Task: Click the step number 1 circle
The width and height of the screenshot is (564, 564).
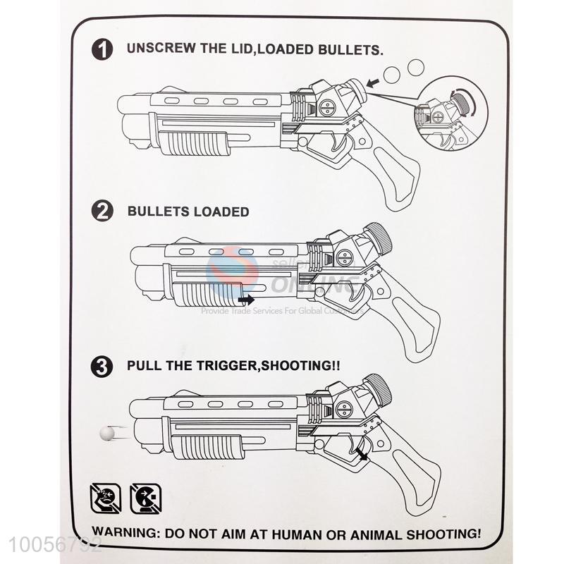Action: tap(104, 51)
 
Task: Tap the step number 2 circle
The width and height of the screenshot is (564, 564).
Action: tap(104, 211)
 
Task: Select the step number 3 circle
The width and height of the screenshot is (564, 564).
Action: tap(104, 367)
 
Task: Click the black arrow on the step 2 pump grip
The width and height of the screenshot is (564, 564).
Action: tap(246, 300)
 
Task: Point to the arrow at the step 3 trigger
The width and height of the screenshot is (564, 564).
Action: tap(362, 454)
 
